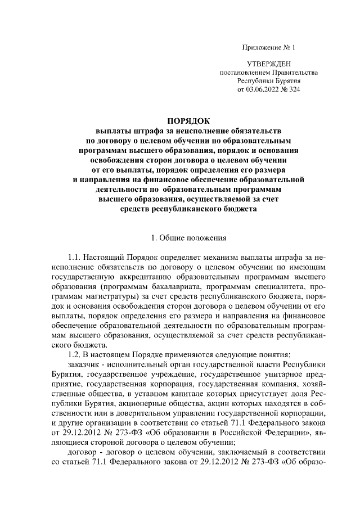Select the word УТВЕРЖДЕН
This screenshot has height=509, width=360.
point(269,65)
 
